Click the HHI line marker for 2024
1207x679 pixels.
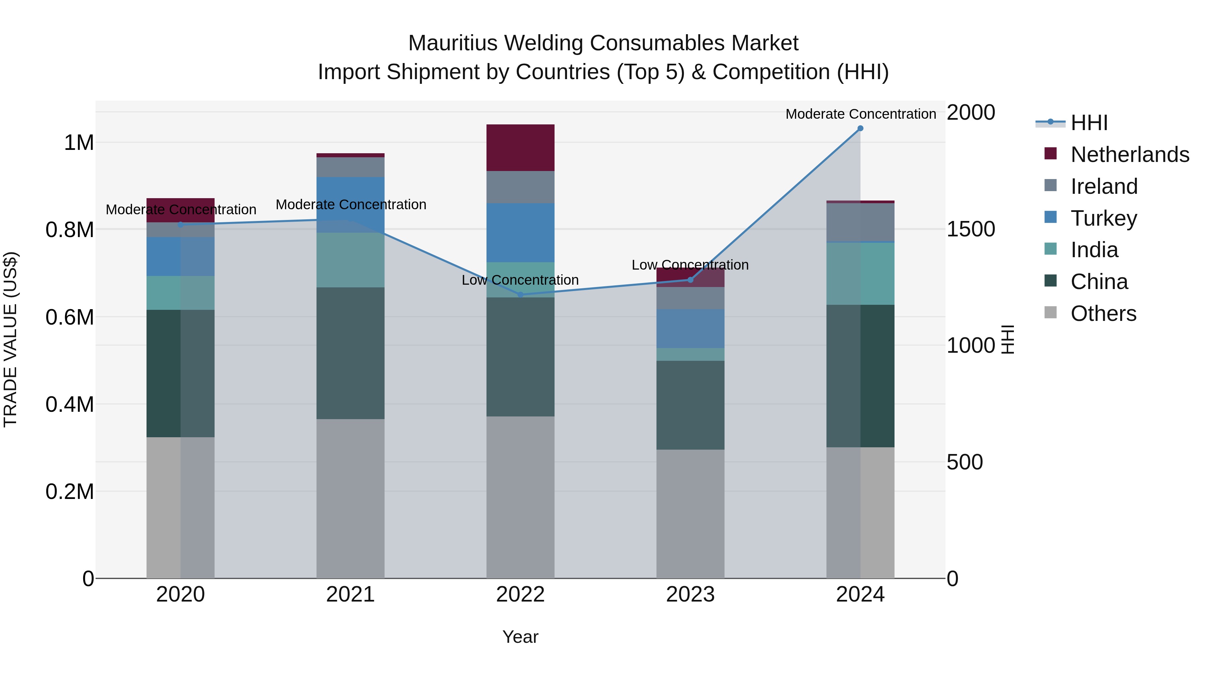860,128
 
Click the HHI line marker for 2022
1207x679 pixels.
520,294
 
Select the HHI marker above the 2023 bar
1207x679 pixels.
690,280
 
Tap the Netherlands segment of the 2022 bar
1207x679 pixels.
520,148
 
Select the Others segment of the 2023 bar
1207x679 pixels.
690,514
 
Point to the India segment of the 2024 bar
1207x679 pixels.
860,274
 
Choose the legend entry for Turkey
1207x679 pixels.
1103,218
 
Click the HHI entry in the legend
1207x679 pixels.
1089,123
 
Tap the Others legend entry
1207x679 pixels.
1103,314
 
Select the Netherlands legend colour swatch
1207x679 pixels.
1050,154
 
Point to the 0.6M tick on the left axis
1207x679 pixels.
69,317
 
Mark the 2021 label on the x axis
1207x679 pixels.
350,595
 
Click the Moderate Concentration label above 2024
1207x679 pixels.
861,114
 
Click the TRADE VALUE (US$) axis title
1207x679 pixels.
10,339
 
